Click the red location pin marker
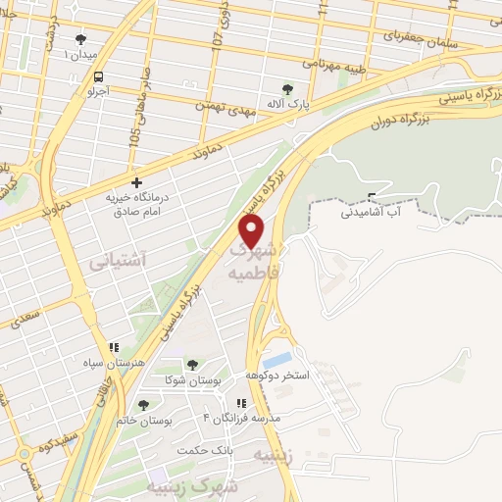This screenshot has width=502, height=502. (253, 231)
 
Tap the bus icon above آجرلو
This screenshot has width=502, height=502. (97, 76)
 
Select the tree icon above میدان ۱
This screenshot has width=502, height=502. (80, 40)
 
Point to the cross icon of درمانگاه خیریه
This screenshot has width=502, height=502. (136, 182)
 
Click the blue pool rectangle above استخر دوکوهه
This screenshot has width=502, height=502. (277, 360)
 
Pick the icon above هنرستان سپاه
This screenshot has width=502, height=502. (115, 347)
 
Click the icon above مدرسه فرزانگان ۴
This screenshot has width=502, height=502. (240, 403)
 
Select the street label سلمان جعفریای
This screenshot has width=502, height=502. (412, 35)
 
